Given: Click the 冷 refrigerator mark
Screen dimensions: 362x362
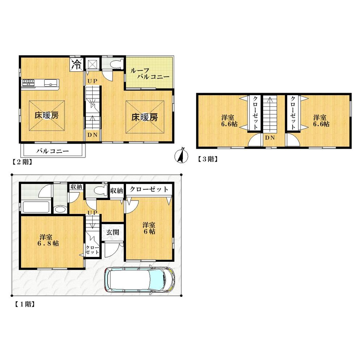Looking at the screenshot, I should click(77, 65).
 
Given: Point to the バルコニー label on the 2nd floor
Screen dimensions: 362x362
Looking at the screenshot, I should click(52, 151).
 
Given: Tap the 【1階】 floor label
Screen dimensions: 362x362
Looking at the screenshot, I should click(24, 304).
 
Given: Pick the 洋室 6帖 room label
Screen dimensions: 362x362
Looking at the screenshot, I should click(149, 228).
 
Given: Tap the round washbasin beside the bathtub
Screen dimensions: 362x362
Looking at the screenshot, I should click(60, 209).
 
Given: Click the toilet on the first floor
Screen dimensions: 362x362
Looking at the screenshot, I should click(98, 190).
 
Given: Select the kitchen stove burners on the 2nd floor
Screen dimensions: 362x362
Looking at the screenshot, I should click(29, 83).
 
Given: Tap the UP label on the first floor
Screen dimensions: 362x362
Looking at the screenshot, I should click(92, 212).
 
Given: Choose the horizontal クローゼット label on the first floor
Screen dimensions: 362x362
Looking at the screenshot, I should click(149, 189).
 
